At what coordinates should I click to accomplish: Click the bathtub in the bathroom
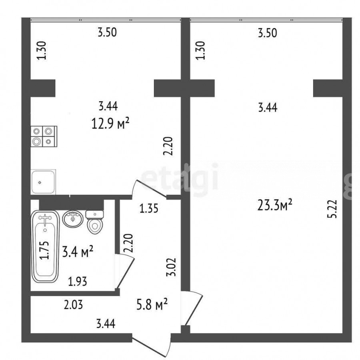tap(45, 246)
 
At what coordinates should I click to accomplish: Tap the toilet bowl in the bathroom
tap(94, 222)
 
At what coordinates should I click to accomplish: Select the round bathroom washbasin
tap(73, 219)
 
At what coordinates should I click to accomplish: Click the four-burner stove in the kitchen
tap(44, 136)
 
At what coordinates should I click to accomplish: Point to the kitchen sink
tap(43, 182)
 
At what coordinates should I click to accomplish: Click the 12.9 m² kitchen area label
tap(110, 124)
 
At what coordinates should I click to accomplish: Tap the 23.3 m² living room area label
tap(275, 205)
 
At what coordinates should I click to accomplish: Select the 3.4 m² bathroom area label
tap(78, 252)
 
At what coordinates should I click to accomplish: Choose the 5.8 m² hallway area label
tap(152, 304)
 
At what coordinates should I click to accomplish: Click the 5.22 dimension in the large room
tap(333, 209)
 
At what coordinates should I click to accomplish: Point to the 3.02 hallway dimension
tap(171, 267)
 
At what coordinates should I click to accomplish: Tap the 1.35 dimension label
tap(149, 209)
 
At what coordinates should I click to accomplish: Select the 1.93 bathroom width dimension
tap(78, 282)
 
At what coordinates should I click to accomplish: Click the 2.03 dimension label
tap(73, 305)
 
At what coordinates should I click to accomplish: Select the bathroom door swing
tap(125, 271)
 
